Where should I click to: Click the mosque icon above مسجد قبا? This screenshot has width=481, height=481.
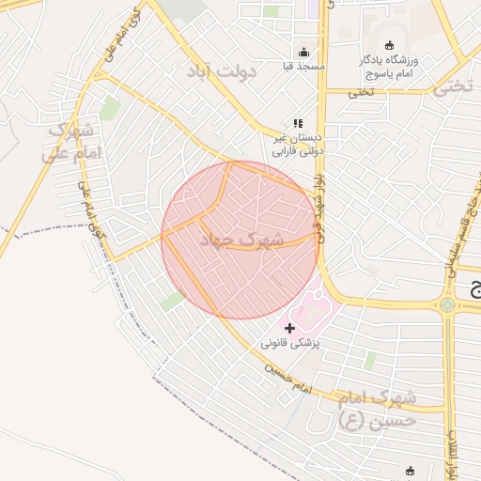coord(303,53)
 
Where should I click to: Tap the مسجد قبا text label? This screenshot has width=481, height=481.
coord(303,67)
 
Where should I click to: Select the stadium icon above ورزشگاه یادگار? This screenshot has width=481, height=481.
coord(391,46)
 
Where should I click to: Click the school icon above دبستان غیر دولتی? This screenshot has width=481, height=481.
coord(298,122)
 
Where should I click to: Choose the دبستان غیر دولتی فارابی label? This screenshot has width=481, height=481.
coord(298,143)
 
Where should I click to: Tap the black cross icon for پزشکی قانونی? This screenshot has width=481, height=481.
coord(289,328)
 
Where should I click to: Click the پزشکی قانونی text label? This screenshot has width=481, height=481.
coord(291,344)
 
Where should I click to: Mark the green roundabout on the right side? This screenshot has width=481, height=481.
coord(447,304)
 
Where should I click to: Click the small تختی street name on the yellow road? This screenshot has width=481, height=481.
coord(361,92)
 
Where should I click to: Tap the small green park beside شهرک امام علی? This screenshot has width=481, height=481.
coord(110,108)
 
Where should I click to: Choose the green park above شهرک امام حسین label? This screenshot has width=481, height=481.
coord(369,360)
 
